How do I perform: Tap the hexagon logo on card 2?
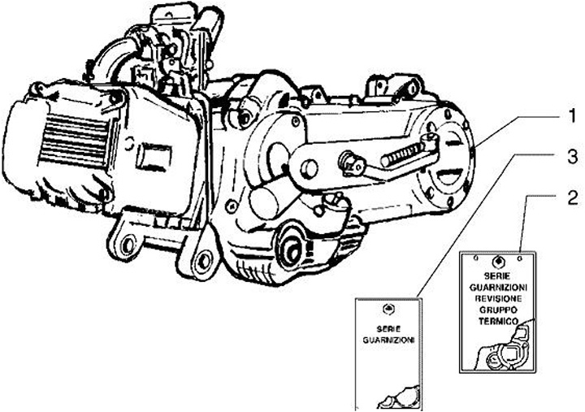(x=499, y=262)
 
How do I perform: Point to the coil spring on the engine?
(x=405, y=152)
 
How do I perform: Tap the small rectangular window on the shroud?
(x=152, y=154)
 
